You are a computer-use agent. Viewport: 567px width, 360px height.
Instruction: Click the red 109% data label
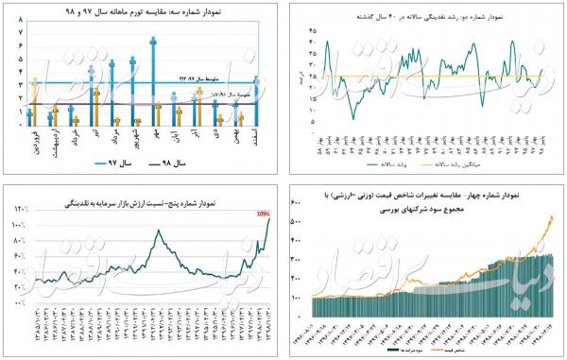click(x=264, y=214)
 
